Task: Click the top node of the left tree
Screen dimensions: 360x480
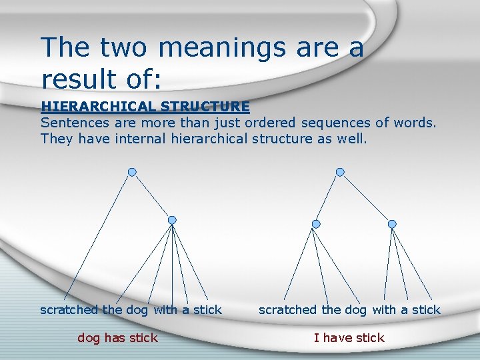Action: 132,171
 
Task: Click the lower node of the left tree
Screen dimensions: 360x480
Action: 172,220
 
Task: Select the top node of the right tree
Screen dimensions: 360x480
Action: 340,171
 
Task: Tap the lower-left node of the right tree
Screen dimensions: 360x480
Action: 316,224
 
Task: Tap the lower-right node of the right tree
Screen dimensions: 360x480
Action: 392,224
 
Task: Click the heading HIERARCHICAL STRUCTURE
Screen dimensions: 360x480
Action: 145,106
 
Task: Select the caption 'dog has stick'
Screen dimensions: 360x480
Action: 117,337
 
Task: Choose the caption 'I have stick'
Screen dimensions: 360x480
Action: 349,337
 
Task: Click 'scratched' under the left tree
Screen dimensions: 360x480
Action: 69,309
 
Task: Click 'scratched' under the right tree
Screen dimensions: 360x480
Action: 287,309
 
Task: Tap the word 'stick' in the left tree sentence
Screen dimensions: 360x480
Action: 207,309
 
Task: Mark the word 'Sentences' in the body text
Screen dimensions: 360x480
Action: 73,123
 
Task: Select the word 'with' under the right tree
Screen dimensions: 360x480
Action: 384,309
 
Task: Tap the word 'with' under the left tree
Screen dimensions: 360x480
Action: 166,309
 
